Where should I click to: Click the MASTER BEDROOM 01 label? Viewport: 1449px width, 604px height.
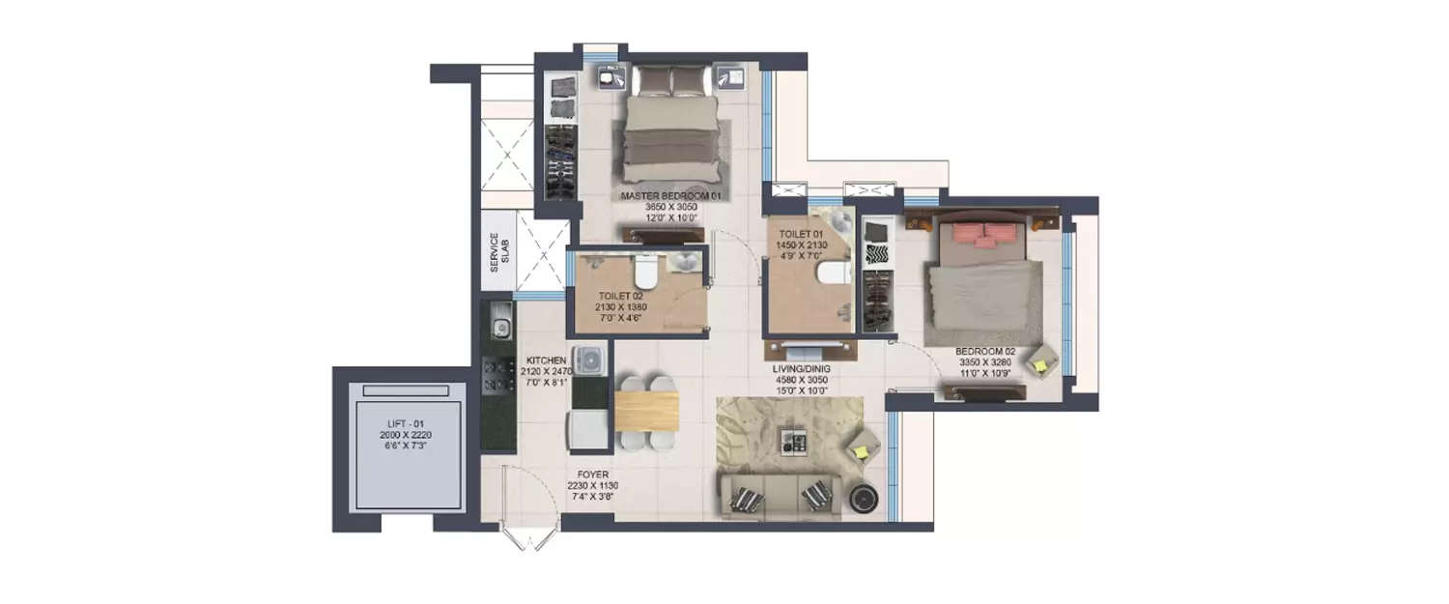tap(672, 196)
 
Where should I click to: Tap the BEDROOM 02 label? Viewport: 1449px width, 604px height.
tap(981, 352)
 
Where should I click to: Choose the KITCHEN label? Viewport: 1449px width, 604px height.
tap(546, 360)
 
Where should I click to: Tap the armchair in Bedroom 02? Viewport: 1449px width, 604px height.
tap(1041, 362)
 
